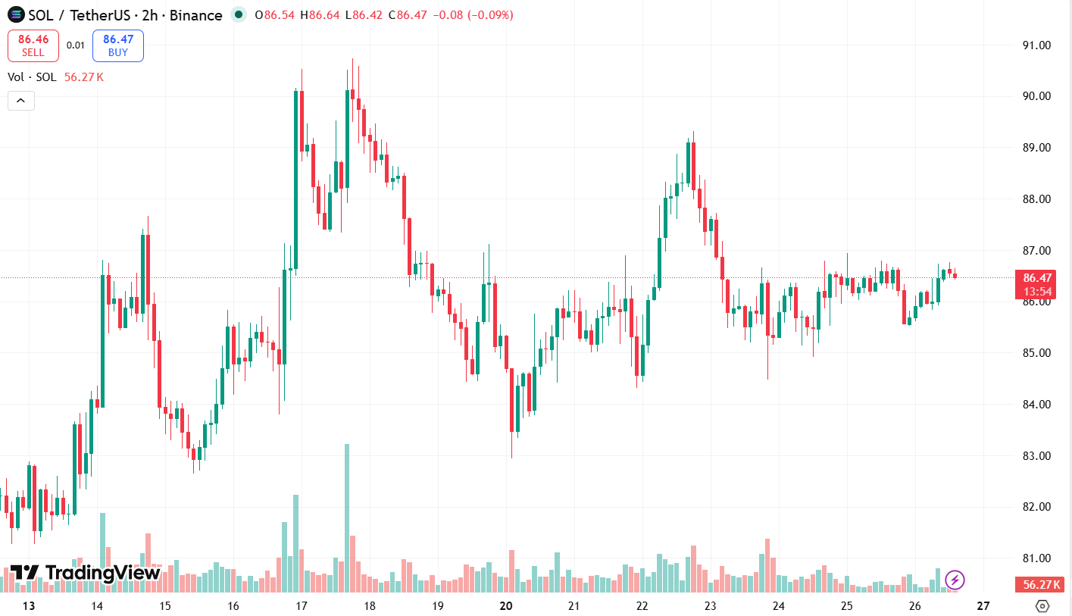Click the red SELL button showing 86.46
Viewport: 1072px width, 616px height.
coord(33,45)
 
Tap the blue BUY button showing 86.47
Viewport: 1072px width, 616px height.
coord(118,45)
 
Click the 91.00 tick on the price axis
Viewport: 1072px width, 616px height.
coord(1036,45)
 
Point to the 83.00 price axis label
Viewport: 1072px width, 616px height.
coord(1036,455)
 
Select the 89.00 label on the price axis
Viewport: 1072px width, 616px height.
coord(1036,147)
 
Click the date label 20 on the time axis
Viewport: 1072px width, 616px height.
coord(507,606)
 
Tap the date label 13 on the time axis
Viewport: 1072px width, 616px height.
coord(29,606)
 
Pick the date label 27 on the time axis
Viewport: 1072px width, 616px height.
coord(983,606)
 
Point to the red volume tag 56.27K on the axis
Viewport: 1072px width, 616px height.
coord(1040,584)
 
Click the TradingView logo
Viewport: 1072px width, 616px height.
coord(85,573)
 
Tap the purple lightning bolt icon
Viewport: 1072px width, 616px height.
coord(955,580)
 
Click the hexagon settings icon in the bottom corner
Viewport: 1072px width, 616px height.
coord(1042,606)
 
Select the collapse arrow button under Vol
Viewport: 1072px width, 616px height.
coord(21,100)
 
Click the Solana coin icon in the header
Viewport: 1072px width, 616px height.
coord(15,15)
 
